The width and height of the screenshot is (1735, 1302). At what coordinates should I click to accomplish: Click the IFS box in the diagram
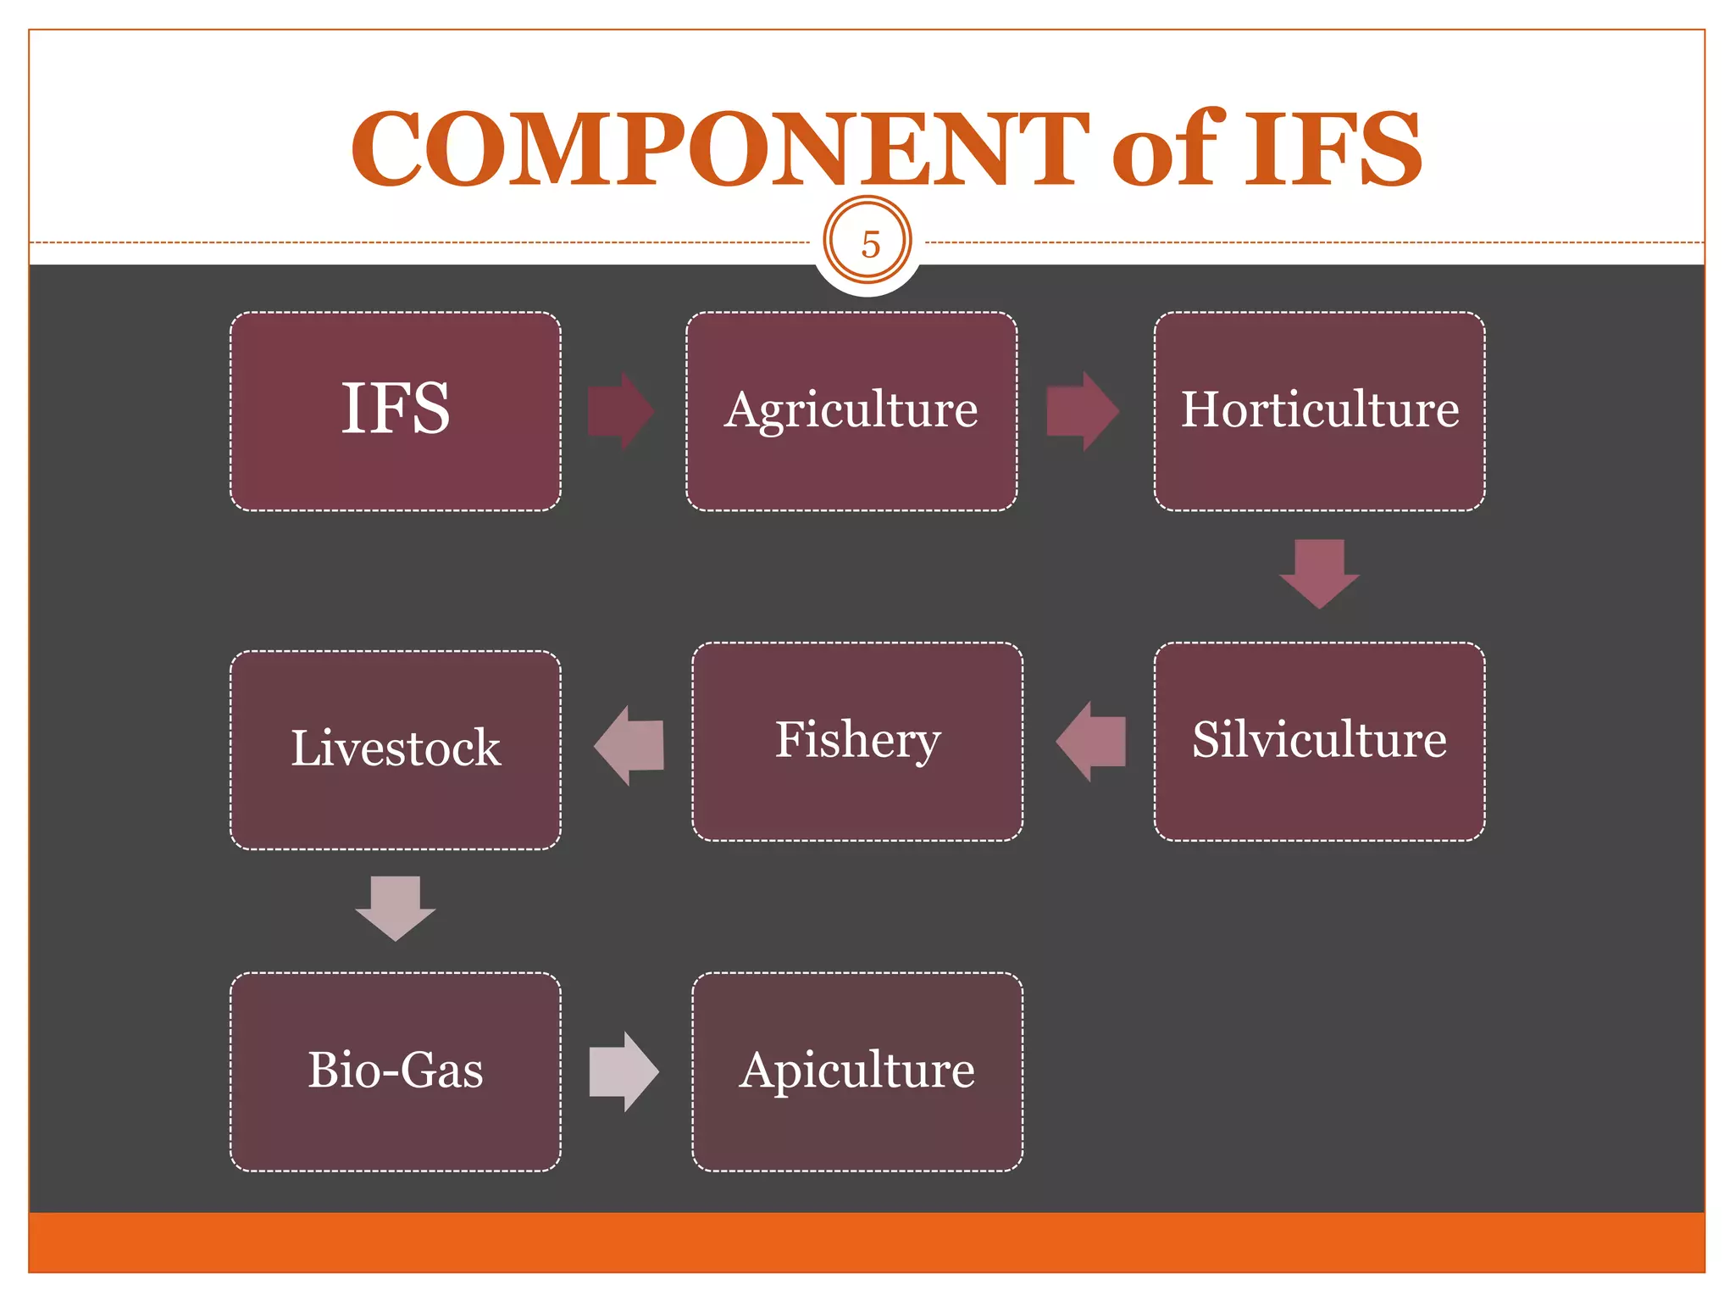pyautogui.click(x=396, y=411)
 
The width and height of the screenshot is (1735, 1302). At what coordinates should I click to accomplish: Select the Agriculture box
pyautogui.click(x=851, y=411)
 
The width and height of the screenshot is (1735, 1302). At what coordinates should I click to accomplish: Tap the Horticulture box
pyautogui.click(x=1319, y=411)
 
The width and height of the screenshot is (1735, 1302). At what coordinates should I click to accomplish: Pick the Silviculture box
pyautogui.click(x=1319, y=742)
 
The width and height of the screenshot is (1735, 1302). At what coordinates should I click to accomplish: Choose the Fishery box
pyautogui.click(x=857, y=742)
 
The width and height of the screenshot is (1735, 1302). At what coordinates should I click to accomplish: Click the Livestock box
pyautogui.click(x=396, y=750)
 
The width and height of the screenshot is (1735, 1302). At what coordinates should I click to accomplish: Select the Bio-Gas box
pyautogui.click(x=396, y=1071)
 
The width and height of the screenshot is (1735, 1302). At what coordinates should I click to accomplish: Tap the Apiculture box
pyautogui.click(x=857, y=1071)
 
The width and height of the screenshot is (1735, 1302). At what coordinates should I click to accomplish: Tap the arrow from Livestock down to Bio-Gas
pyautogui.click(x=396, y=908)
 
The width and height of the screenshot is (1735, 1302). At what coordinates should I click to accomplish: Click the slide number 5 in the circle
pyautogui.click(x=868, y=244)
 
